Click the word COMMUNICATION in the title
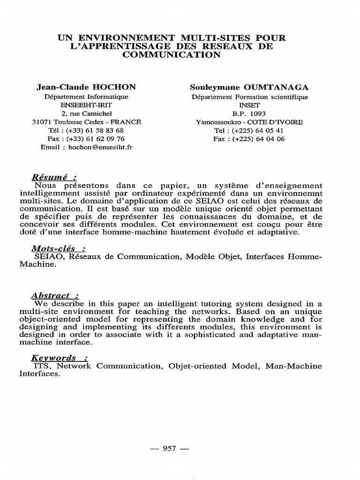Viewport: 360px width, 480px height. click(171, 55)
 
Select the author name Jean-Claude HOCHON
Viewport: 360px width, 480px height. click(86, 87)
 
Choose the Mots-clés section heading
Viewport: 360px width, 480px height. click(59, 249)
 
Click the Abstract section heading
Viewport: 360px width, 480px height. click(54, 296)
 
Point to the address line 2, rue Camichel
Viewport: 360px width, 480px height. click(86, 113)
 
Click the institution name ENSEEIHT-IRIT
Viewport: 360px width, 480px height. click(86, 105)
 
